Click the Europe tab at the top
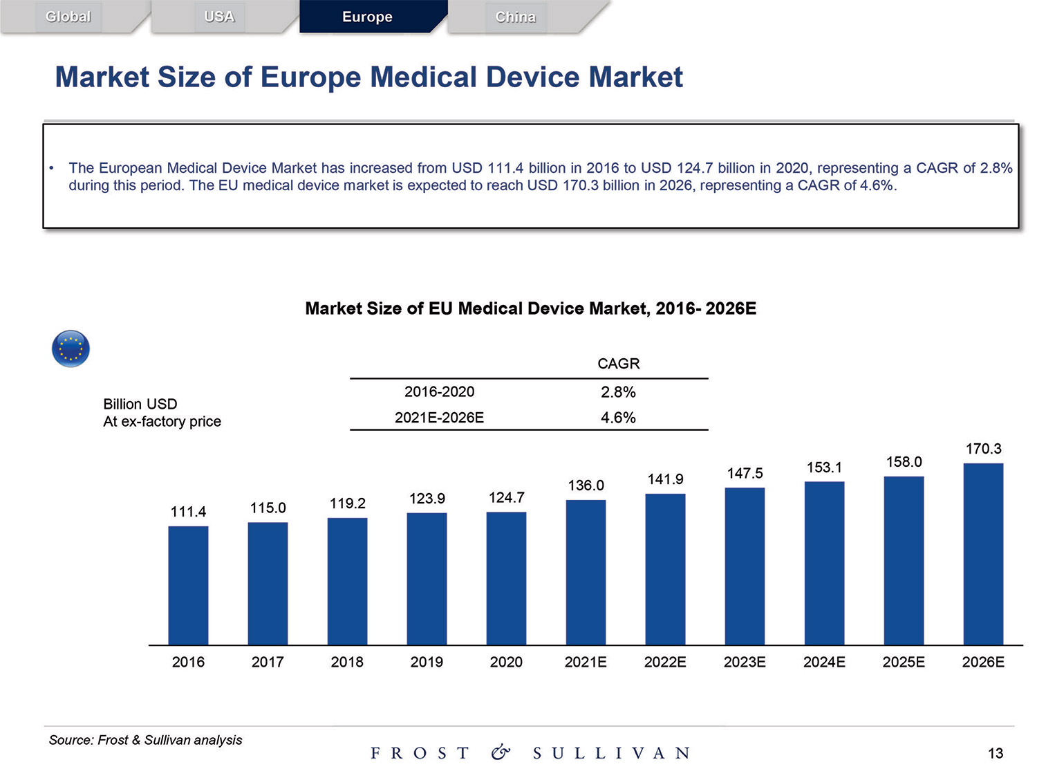(x=367, y=17)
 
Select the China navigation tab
(x=515, y=17)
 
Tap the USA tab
(x=219, y=17)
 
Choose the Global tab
(x=68, y=17)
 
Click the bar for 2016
(x=188, y=585)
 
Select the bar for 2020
(x=506, y=578)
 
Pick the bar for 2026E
(x=983, y=554)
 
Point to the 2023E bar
(x=745, y=566)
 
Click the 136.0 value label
(x=586, y=485)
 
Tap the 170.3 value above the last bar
(x=983, y=449)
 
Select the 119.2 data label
(x=347, y=503)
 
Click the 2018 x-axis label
(x=347, y=662)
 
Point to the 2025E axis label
(x=904, y=662)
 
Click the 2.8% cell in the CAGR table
(x=618, y=392)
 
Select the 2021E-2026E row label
(x=439, y=418)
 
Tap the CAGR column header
(x=618, y=364)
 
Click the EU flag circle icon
(x=71, y=349)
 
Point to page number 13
(x=995, y=753)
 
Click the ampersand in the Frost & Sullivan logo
(x=501, y=752)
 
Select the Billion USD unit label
(x=140, y=404)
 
